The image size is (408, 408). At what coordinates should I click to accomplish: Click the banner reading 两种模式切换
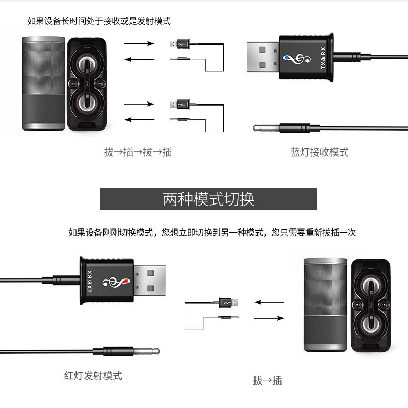pos(208,199)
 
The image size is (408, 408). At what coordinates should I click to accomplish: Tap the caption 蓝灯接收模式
pos(320,152)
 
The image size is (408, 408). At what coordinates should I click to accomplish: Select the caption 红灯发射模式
pos(93,376)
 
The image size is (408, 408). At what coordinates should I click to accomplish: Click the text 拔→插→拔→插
pos(138,152)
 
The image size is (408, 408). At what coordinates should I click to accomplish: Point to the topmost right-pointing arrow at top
pos(139,44)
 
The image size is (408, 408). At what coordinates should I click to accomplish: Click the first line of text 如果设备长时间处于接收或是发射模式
pos(99,21)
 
